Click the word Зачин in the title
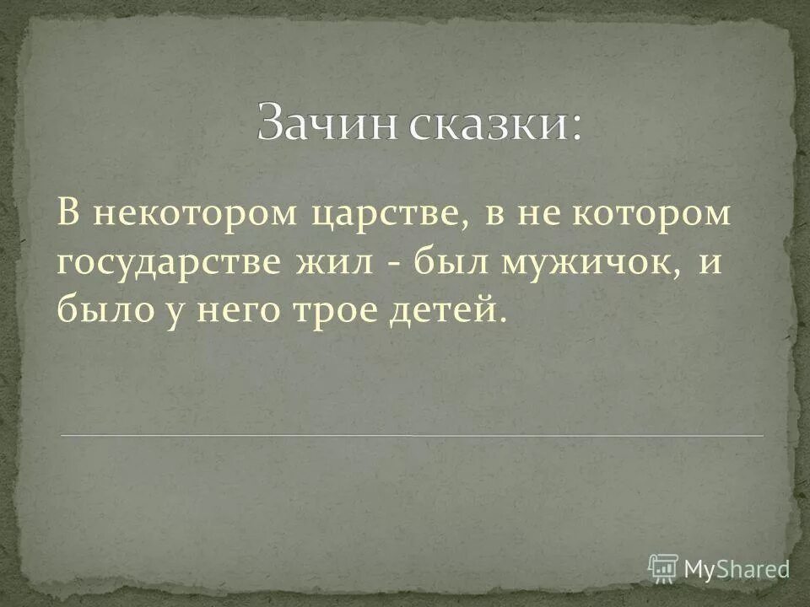click(x=327, y=122)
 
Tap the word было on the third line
click(x=100, y=310)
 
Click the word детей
click(x=450, y=310)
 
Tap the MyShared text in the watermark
click(x=737, y=568)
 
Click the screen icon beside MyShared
click(x=663, y=567)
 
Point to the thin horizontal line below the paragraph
click(x=412, y=435)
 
